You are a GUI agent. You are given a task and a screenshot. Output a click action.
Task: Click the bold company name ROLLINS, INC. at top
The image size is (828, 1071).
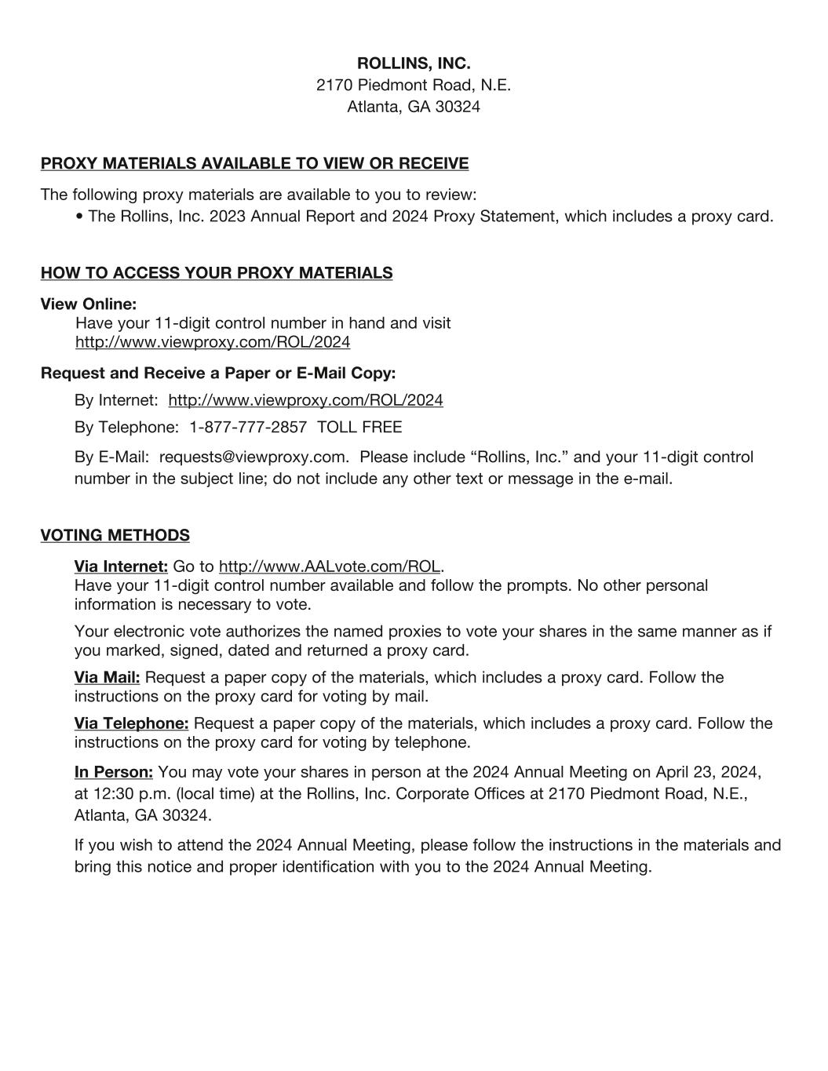coord(414,63)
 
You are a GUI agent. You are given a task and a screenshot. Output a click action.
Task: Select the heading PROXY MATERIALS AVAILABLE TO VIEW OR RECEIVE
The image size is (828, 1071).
coord(254,163)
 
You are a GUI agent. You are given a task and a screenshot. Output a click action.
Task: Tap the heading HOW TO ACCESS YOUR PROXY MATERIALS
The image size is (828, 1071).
coord(217,273)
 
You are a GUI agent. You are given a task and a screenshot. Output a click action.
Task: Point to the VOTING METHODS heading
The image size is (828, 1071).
coord(115,535)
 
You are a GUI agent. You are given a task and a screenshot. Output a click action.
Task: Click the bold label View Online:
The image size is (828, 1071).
coord(89,304)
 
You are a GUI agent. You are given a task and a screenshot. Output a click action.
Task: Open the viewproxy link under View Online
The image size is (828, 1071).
coord(213,342)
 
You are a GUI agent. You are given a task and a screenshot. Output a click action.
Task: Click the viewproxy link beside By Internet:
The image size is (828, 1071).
coord(305,400)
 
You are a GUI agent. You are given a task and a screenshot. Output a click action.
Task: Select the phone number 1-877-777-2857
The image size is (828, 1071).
coord(248,428)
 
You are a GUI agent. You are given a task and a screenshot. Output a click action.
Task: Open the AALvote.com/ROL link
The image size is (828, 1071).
coord(330,566)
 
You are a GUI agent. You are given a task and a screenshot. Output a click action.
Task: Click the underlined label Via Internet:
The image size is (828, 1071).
coord(121,566)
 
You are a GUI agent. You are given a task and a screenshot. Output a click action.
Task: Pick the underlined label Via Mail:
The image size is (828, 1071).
coord(108,677)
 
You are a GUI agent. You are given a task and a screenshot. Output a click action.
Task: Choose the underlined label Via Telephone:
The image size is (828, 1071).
coord(131,723)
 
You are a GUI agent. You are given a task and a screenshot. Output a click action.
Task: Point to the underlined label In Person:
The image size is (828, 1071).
coord(114,772)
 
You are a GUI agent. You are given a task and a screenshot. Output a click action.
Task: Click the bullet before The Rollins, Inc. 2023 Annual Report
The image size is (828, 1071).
coord(81,217)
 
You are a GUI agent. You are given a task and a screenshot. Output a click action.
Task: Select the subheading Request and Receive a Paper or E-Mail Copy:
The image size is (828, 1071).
coord(218,373)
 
